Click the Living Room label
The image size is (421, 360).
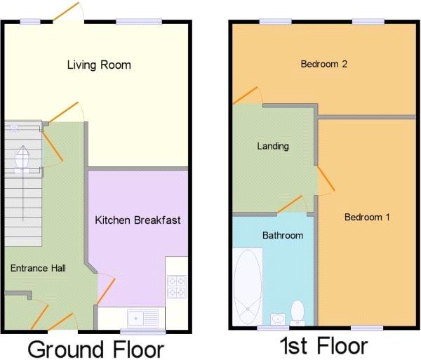pyautogui.click(x=99, y=65)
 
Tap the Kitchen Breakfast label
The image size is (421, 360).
pyautogui.click(x=138, y=220)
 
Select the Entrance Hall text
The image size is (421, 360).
pyautogui.click(x=38, y=268)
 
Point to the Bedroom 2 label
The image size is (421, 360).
pyautogui.click(x=323, y=64)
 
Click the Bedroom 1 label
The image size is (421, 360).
pyautogui.click(x=367, y=217)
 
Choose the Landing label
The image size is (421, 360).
pyautogui.click(x=273, y=146)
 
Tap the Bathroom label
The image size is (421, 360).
pyautogui.click(x=283, y=235)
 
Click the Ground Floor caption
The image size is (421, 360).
pyautogui.click(x=96, y=349)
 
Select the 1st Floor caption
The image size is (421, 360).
pyautogui.click(x=323, y=345)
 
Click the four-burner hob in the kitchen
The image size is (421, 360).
pyautogui.click(x=177, y=287)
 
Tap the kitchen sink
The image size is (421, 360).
pyautogui.click(x=143, y=318)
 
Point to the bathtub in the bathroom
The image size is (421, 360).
pyautogui.click(x=247, y=286)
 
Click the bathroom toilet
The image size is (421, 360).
pyautogui.click(x=298, y=313)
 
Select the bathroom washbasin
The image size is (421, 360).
pyautogui.click(x=278, y=319)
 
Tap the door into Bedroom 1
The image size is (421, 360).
pyautogui.click(x=326, y=178)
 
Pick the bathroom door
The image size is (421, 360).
pyautogui.click(x=289, y=205)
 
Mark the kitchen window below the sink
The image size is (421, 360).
pyautogui.click(x=143, y=331)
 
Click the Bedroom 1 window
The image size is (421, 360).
pyautogui.click(x=367, y=328)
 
